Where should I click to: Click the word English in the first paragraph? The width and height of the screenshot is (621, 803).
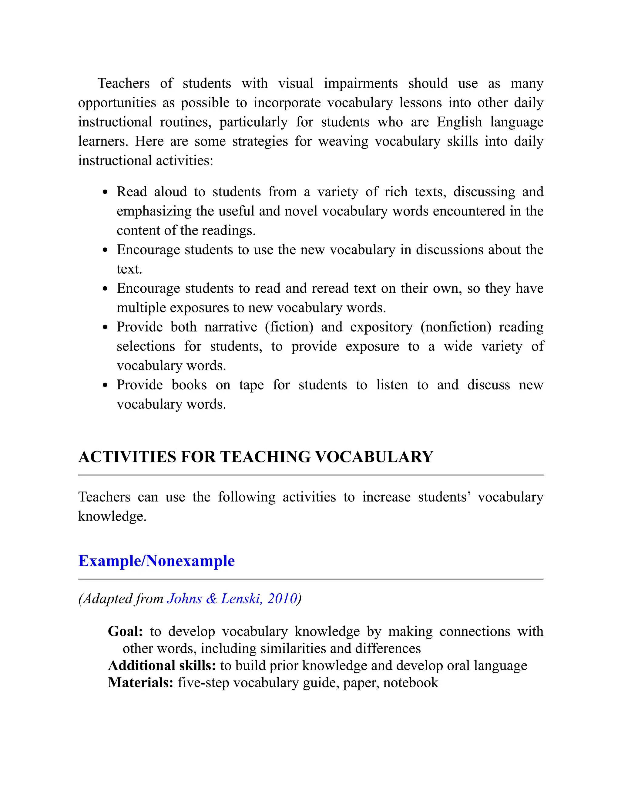[x=459, y=122]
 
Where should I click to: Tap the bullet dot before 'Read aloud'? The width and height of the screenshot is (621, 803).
[x=105, y=192]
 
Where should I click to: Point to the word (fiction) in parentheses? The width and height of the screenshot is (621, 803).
[x=289, y=327]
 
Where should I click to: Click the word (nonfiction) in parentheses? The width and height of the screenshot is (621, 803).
[x=456, y=327]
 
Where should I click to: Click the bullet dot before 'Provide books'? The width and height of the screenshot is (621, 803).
[x=105, y=385]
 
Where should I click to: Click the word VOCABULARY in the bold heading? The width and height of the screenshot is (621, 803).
[x=374, y=457]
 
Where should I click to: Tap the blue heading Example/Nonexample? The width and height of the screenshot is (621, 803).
[x=156, y=561]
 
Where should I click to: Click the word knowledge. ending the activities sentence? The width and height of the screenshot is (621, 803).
[x=112, y=517]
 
